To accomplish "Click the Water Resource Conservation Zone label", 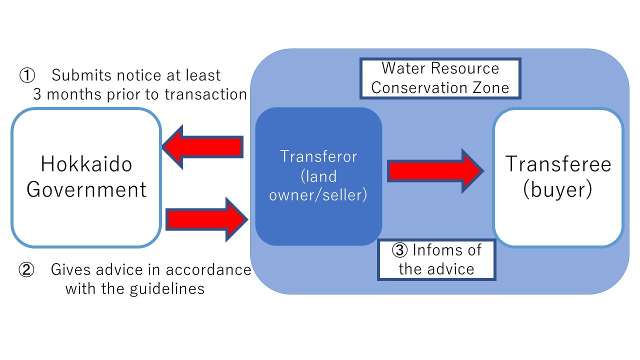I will click(440, 78).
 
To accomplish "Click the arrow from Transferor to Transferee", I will click(435, 171).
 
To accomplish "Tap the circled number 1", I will click(26, 76).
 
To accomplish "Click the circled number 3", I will click(400, 250).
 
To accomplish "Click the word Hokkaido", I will click(86, 164).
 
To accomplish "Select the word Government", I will click(86, 190).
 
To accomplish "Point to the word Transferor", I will click(318, 156).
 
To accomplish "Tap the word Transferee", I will click(558, 164).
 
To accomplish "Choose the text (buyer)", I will click(558, 190).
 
